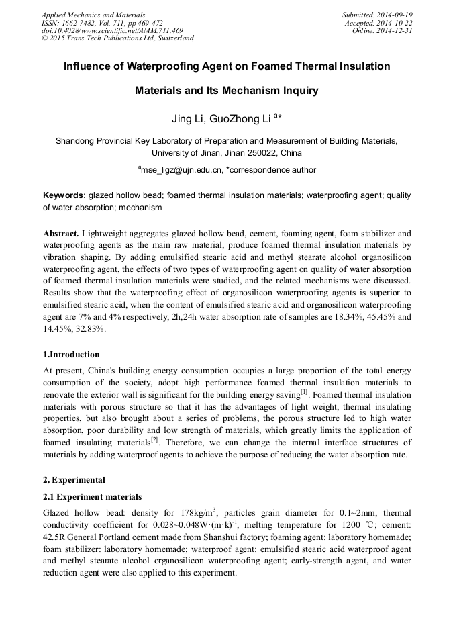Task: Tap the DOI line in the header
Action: pyautogui.click(x=112, y=30)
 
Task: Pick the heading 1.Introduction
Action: pyautogui.click(x=71, y=355)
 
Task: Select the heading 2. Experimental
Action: pyautogui.click(x=73, y=480)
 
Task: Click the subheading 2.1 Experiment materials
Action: pyautogui.click(x=92, y=497)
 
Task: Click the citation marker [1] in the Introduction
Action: pyautogui.click(x=304, y=390)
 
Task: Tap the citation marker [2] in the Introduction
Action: pyautogui.click(x=154, y=440)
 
